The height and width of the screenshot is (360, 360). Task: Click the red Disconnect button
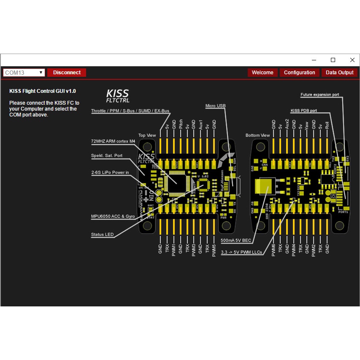[x=67, y=73]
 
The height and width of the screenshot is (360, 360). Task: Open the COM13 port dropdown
[x=24, y=73]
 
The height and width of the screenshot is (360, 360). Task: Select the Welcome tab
[x=263, y=73]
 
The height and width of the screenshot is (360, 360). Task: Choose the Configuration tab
[x=299, y=73]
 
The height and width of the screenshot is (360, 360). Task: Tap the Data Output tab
[x=340, y=73]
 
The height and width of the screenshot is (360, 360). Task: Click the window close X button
[x=352, y=60]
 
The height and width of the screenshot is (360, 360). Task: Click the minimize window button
[x=313, y=60]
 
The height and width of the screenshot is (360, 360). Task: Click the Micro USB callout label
[x=215, y=106]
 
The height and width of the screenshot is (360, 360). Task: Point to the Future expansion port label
[x=319, y=95]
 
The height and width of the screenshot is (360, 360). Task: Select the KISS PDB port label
[x=304, y=111]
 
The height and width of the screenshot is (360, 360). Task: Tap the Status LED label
[x=102, y=235]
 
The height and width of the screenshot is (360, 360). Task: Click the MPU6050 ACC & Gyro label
[x=113, y=216]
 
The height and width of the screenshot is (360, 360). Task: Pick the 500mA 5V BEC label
[x=235, y=240]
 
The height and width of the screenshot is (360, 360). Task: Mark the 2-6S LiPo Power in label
[x=110, y=172]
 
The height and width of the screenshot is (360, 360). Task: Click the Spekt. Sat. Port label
[x=106, y=155]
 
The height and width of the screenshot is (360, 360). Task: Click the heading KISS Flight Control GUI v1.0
[x=43, y=91]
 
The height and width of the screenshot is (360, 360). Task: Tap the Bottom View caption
[x=257, y=135]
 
